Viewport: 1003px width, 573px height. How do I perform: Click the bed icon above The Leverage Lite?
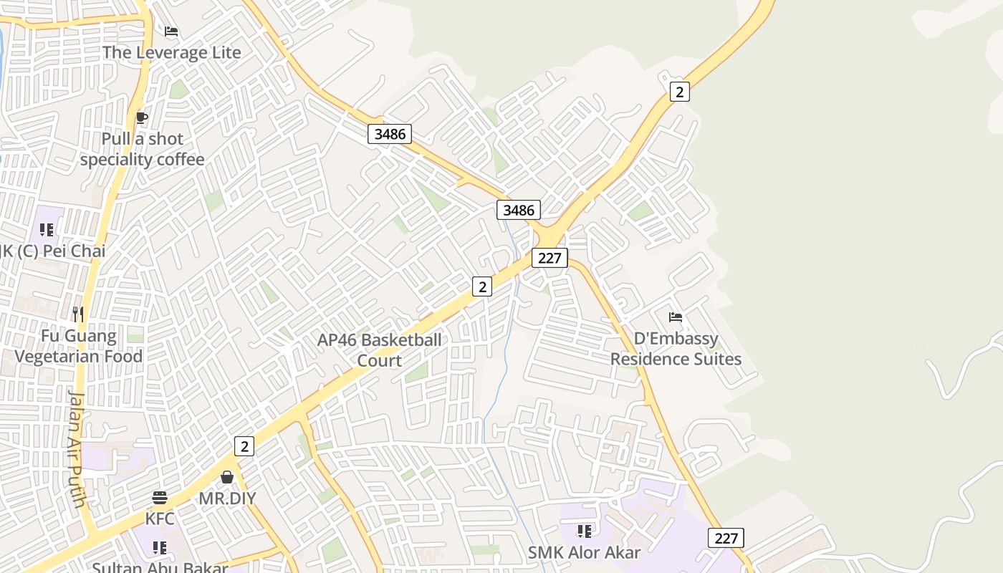pyautogui.click(x=171, y=32)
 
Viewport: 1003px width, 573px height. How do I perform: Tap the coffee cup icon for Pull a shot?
pyautogui.click(x=142, y=117)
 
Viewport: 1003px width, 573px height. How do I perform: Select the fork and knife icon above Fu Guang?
pyautogui.click(x=78, y=314)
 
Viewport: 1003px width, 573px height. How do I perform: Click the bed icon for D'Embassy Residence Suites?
pyautogui.click(x=675, y=317)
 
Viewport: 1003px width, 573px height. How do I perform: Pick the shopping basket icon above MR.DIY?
pyautogui.click(x=227, y=477)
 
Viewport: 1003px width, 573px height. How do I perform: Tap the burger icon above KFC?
pyautogui.click(x=160, y=498)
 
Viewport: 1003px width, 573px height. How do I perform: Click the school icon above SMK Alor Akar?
pyautogui.click(x=585, y=531)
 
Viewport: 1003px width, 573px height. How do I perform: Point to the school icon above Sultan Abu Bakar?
pyautogui.click(x=160, y=548)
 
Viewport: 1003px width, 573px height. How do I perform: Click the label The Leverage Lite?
pyautogui.click(x=171, y=52)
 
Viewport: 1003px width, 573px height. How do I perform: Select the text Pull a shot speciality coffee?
pyautogui.click(x=142, y=149)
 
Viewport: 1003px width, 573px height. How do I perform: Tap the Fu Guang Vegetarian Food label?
pyautogui.click(x=79, y=346)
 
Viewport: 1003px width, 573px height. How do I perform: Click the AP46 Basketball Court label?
pyautogui.click(x=380, y=350)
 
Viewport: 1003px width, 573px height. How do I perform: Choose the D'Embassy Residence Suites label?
pyautogui.click(x=676, y=348)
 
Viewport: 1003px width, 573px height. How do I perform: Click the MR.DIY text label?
pyautogui.click(x=227, y=499)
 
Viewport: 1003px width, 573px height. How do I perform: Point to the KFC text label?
pyautogui.click(x=160, y=519)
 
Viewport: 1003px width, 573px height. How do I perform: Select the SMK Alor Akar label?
pyautogui.click(x=584, y=552)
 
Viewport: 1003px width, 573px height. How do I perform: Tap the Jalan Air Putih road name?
pyautogui.click(x=77, y=448)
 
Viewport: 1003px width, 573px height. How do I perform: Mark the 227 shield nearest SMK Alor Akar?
pyautogui.click(x=726, y=538)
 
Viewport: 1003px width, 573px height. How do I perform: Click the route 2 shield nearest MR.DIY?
pyautogui.click(x=244, y=446)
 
